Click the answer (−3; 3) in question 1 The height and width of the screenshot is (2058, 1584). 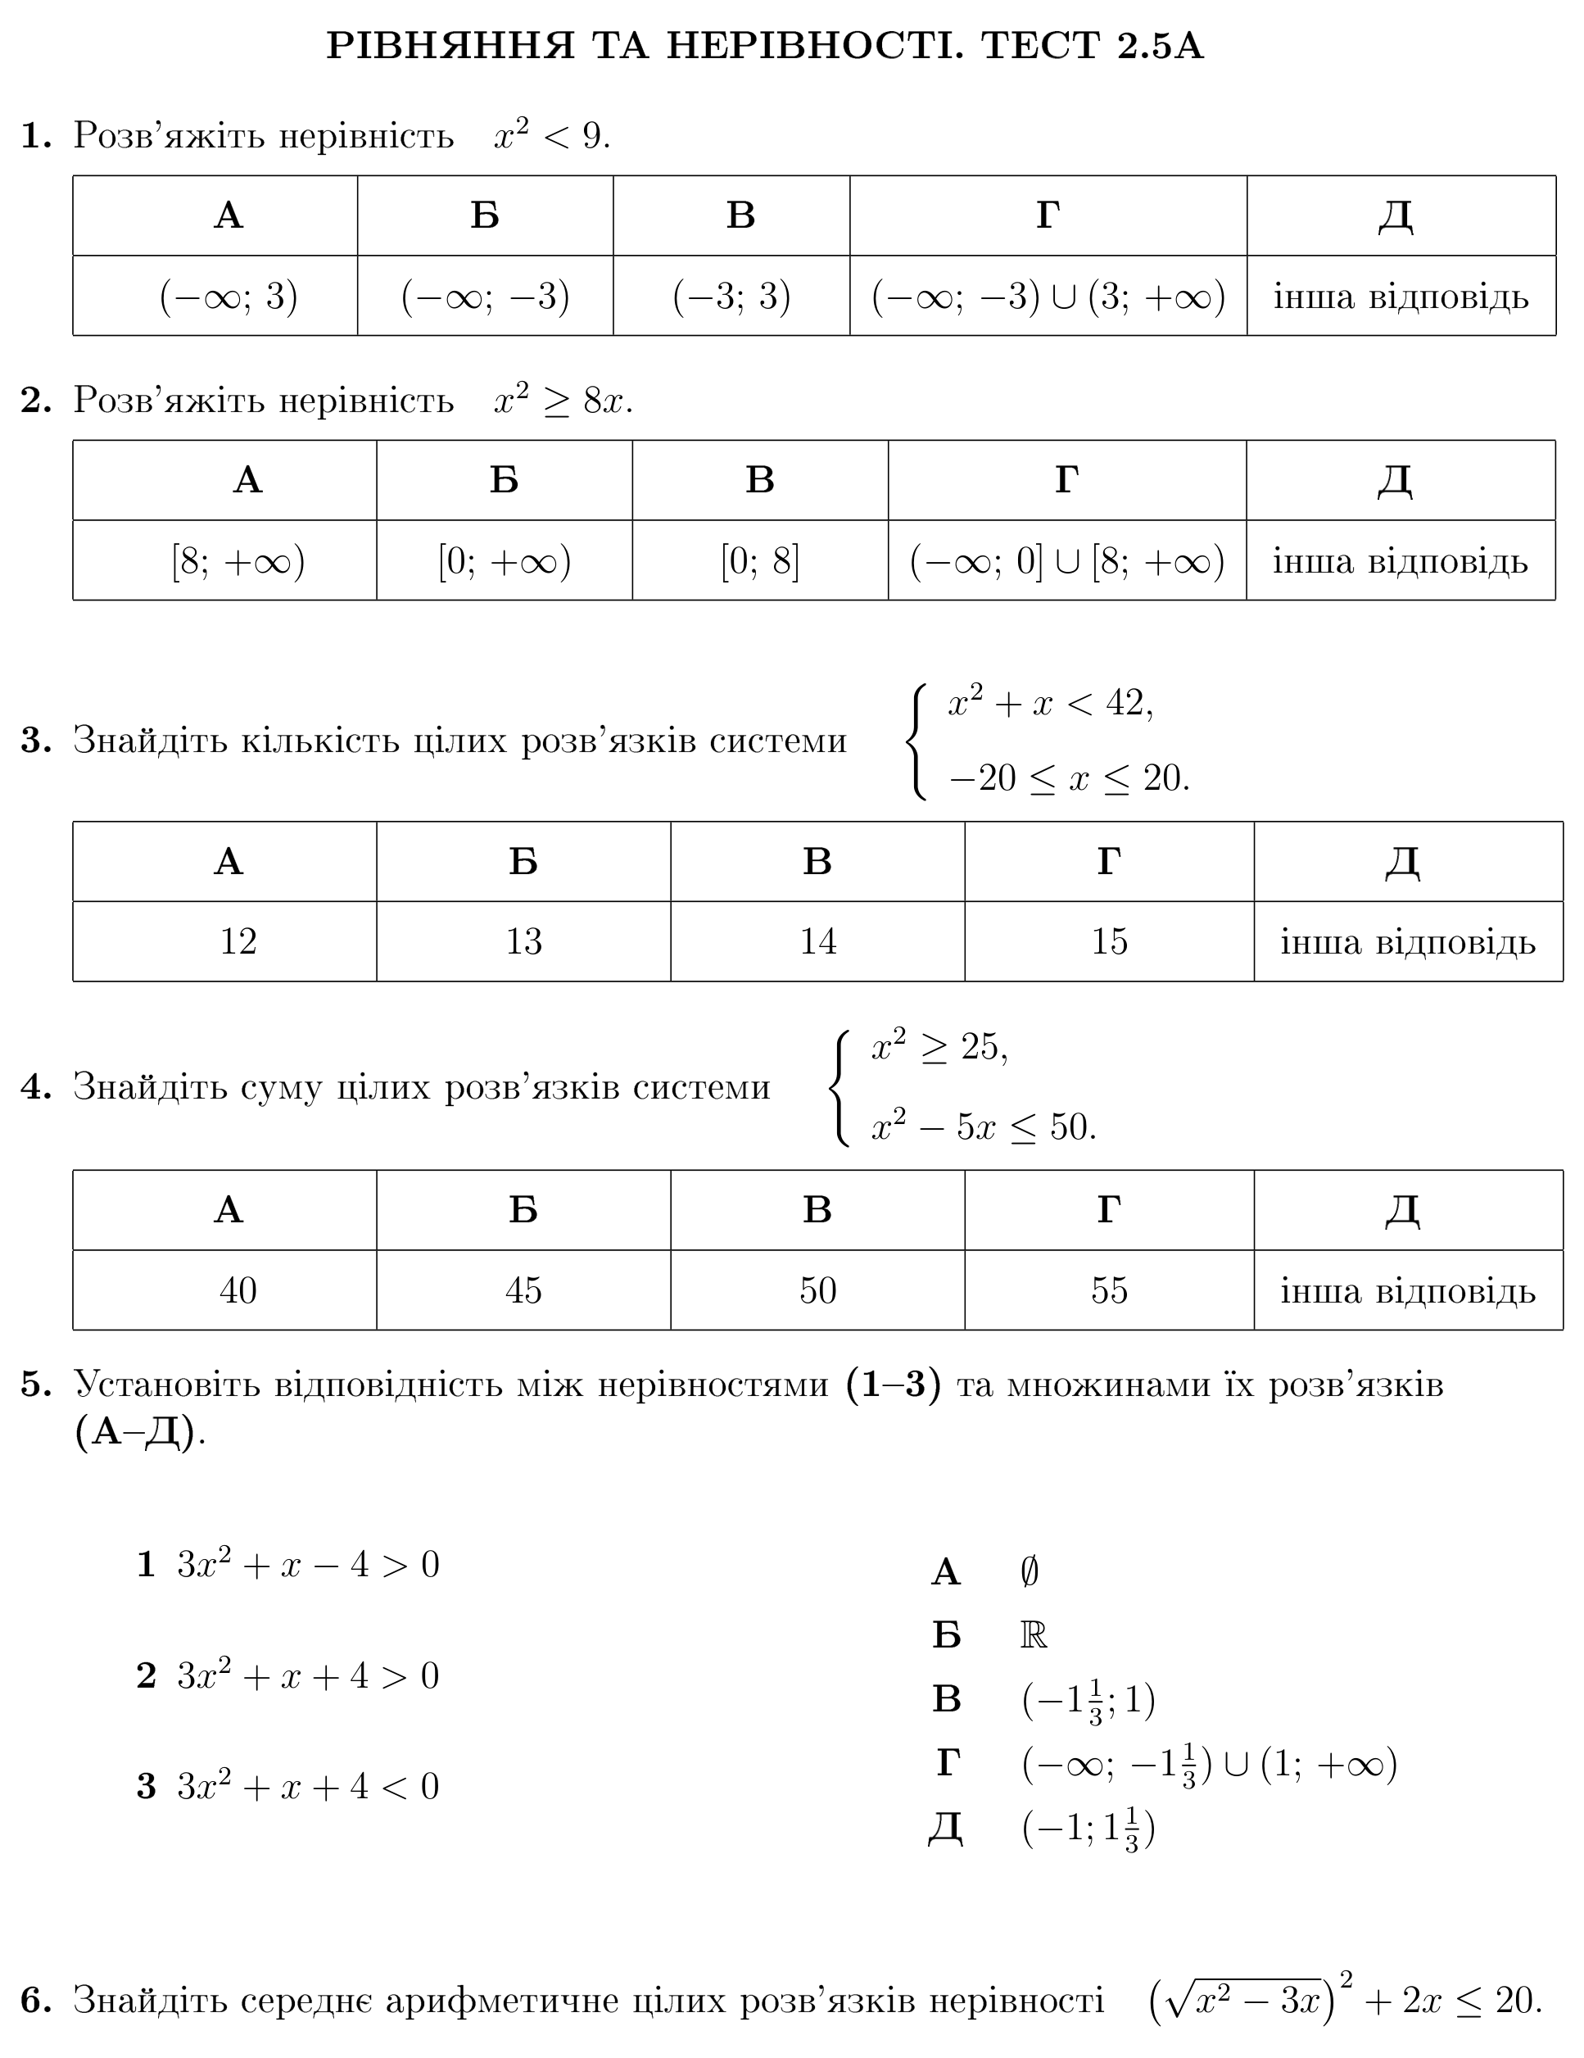pyautogui.click(x=731, y=297)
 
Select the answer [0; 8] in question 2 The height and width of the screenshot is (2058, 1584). pyautogui.click(x=759, y=562)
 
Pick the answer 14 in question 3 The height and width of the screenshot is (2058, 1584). pyautogui.click(x=817, y=941)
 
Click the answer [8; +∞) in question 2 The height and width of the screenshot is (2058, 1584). pyautogui.click(x=238, y=562)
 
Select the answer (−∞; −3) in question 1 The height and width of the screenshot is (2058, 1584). pyautogui.click(x=486, y=297)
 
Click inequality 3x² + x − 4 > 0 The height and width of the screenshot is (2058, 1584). pyautogui.click(x=308, y=1565)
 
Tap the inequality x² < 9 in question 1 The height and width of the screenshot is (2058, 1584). pyautogui.click(x=551, y=134)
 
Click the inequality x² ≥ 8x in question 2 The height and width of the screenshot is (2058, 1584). pyautogui.click(x=563, y=401)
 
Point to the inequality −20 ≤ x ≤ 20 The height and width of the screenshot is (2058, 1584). pyautogui.click(x=1069, y=778)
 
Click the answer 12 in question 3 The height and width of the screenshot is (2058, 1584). pyautogui.click(x=238, y=941)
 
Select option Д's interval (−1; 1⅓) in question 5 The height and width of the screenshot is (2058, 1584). pyautogui.click(x=1088, y=1829)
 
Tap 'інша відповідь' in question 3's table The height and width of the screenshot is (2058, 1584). pyautogui.click(x=1407, y=941)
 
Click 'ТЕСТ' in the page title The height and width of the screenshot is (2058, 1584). pyautogui.click(x=1039, y=45)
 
